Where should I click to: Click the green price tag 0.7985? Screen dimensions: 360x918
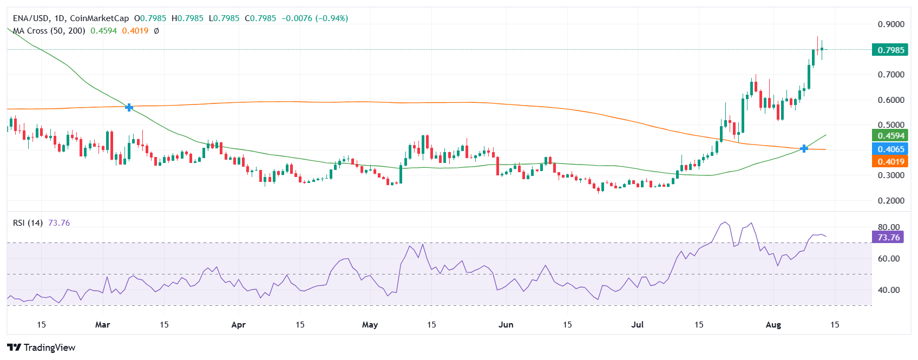coord(890,50)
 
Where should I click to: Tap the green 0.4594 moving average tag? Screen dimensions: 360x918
coord(890,135)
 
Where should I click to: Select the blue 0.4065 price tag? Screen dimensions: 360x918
coord(890,149)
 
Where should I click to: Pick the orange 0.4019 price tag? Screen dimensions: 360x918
coord(890,161)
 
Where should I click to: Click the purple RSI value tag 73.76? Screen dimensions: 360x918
coord(888,237)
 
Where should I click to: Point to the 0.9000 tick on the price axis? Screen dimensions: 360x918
coord(890,24)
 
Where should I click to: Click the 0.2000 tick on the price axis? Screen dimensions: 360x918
coord(890,200)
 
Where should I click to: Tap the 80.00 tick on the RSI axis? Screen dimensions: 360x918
coord(888,227)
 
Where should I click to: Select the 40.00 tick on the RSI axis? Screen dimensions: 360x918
coord(888,290)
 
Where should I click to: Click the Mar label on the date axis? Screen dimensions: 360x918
coord(102,325)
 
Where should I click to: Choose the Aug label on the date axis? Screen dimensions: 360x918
coord(773,325)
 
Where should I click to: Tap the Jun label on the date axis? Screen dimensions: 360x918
coord(506,325)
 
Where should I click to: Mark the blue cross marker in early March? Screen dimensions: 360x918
coord(129,107)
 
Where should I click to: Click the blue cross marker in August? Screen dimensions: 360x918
coord(804,148)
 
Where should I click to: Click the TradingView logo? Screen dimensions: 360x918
coord(41,348)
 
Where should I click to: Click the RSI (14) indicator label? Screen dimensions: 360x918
coord(28,223)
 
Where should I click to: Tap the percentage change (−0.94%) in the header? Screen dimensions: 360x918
coord(332,18)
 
